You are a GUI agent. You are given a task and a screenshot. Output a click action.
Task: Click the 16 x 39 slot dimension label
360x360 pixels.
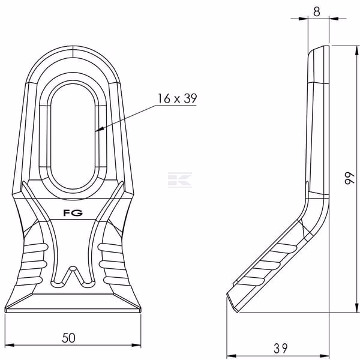[177, 98]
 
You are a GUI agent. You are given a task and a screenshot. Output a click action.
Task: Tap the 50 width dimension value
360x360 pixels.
[68, 338]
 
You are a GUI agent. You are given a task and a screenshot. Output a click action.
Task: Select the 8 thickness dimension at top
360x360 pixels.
[317, 11]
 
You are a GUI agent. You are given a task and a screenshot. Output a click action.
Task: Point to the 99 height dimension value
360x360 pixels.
[350, 178]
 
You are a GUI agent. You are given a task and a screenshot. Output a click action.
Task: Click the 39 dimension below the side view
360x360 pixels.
[280, 348]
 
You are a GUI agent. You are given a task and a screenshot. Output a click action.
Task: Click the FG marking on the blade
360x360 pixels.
[73, 213]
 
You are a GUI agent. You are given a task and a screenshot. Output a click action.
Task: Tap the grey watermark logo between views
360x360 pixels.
[180, 180]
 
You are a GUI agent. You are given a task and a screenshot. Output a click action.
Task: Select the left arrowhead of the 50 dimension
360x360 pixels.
[10, 345]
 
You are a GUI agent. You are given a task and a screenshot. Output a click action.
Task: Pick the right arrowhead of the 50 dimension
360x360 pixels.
[136, 345]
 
